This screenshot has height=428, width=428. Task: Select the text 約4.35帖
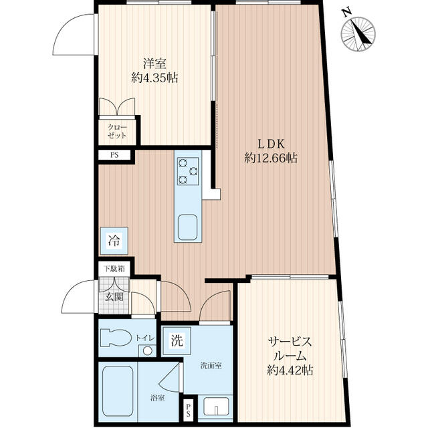click(x=154, y=78)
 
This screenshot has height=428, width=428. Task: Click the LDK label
click(x=272, y=144)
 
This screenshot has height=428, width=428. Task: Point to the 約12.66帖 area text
click(x=271, y=158)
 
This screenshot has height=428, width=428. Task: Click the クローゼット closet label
click(x=118, y=131)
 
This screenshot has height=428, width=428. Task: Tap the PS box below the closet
click(x=114, y=155)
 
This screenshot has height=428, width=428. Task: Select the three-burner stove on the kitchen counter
click(x=188, y=171)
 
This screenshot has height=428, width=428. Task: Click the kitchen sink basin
click(x=187, y=227)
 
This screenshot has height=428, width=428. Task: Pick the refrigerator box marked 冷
click(x=114, y=241)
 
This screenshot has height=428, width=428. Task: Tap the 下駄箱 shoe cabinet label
click(x=114, y=269)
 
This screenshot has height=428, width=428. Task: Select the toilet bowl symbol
click(x=114, y=338)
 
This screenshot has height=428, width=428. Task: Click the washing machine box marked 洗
click(x=177, y=340)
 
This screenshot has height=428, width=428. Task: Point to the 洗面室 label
click(x=211, y=365)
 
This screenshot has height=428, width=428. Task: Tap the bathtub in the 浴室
click(x=118, y=391)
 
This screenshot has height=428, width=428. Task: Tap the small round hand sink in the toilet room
click(x=148, y=350)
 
